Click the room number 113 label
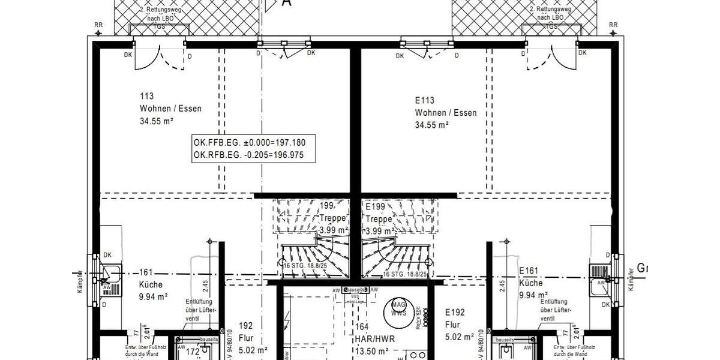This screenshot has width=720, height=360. pos(147,96)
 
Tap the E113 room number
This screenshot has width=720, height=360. pos(424,100)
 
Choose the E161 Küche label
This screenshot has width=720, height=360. pos(531,283)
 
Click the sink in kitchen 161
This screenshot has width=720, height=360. pos(110,277)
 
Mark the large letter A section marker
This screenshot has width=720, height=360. pos(287,3)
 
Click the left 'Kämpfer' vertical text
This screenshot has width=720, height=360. pos(79,281)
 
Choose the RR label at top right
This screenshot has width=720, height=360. pos(613,25)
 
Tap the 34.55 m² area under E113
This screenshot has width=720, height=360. pos(432,125)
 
